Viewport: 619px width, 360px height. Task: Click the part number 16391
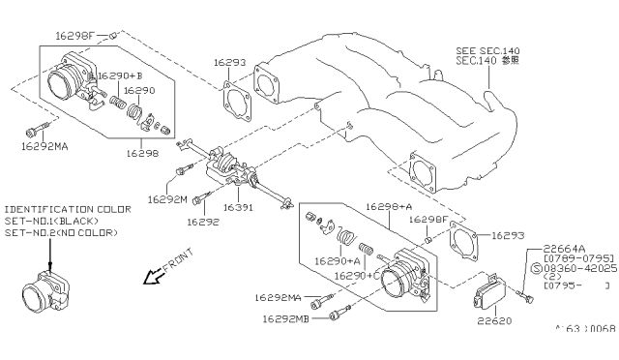(x=239, y=206)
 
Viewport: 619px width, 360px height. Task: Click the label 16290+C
(x=354, y=276)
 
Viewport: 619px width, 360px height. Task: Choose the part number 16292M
(x=166, y=198)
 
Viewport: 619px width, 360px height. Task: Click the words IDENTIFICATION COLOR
(x=62, y=209)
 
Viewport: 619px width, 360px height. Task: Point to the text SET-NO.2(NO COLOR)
(x=60, y=232)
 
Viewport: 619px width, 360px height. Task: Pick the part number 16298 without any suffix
(x=145, y=153)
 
